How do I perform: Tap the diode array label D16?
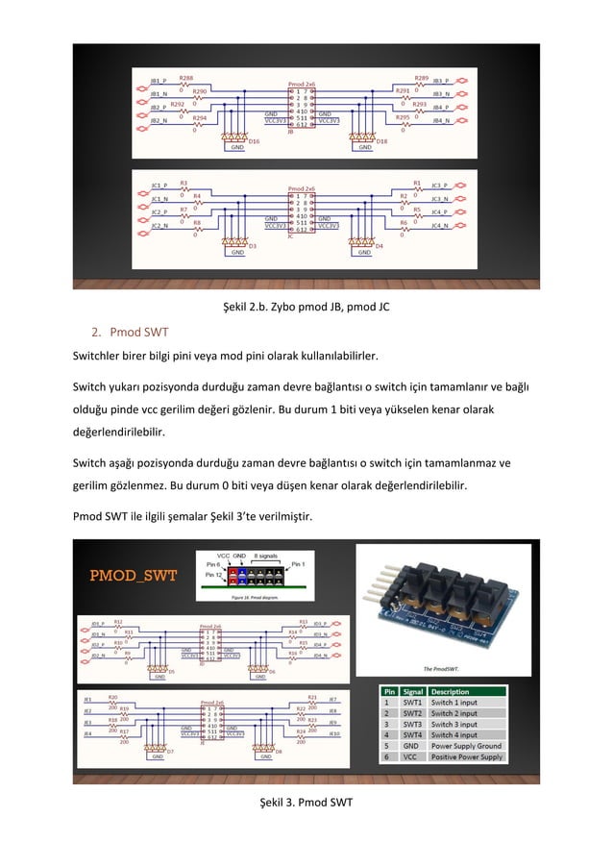[x=254, y=141]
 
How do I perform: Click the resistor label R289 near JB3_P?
[x=421, y=78]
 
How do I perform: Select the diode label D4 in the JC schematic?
[x=379, y=247]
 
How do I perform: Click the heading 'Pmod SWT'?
[x=137, y=333]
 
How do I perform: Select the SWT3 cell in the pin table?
[x=412, y=724]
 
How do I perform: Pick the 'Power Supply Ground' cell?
[x=466, y=746]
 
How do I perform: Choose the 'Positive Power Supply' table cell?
[x=467, y=757]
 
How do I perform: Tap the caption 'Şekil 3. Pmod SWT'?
[x=306, y=801]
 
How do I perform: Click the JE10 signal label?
[x=333, y=733]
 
